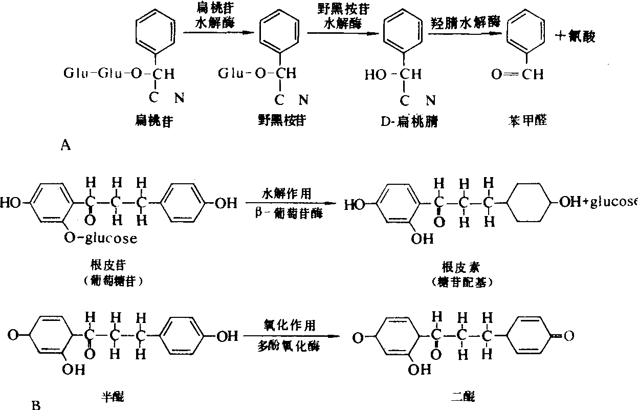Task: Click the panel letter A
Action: coord(65,146)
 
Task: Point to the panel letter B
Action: coord(36,406)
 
